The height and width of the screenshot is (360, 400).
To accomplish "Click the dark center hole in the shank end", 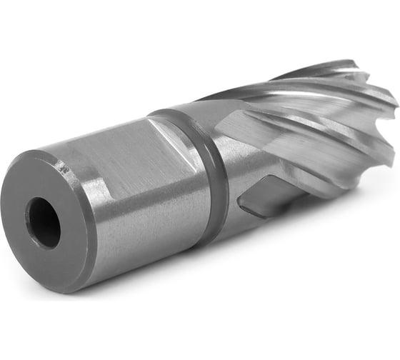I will click(x=45, y=222).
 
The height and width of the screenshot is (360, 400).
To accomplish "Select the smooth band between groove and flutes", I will click(x=229, y=164).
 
